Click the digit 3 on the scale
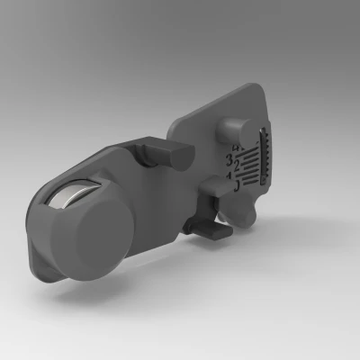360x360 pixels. click(x=229, y=160)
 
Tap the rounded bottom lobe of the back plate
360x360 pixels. click(x=247, y=213)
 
